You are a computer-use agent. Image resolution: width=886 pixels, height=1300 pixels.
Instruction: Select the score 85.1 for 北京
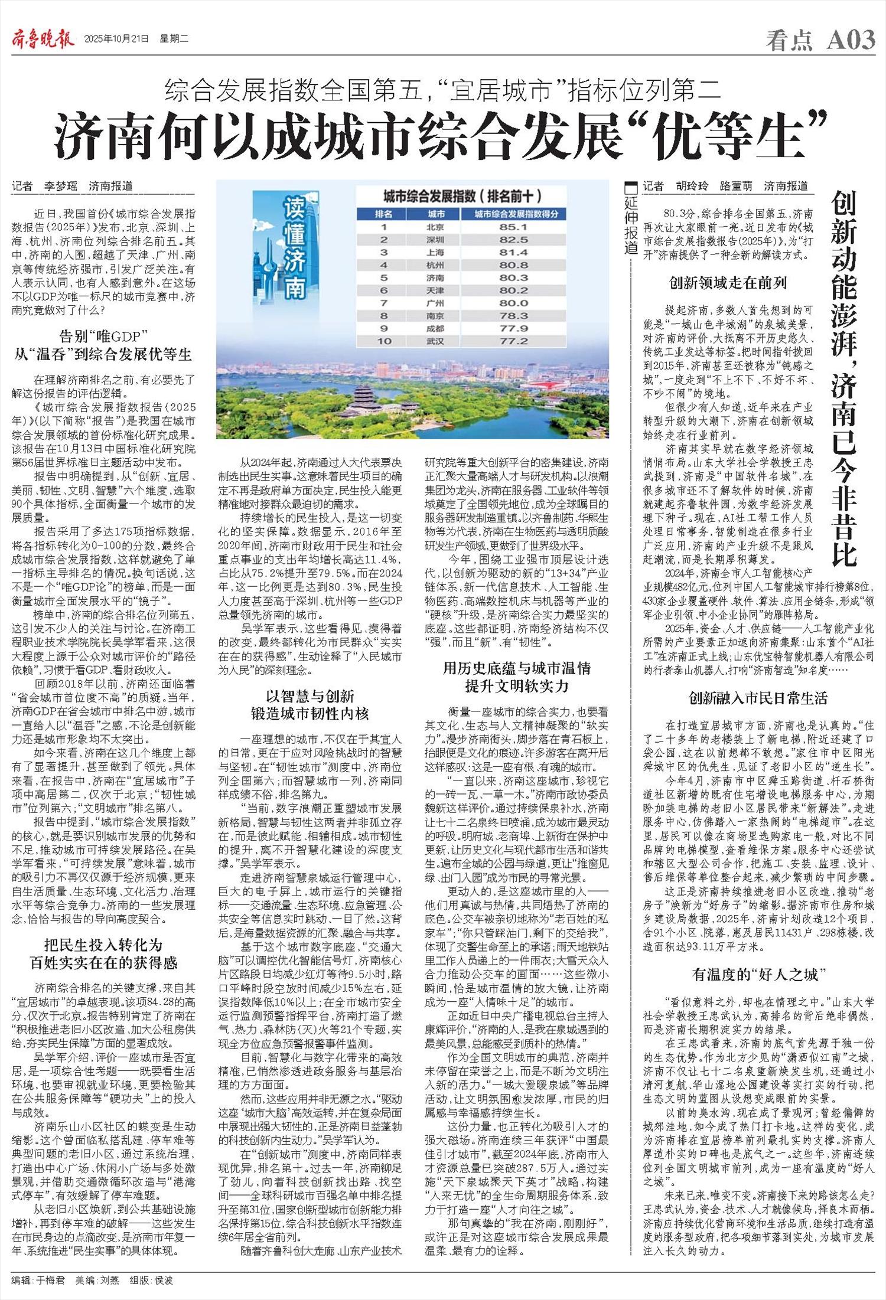point(513,227)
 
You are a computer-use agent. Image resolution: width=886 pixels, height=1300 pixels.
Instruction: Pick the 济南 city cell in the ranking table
point(435,277)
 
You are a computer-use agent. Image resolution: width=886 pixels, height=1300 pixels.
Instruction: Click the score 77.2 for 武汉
point(513,341)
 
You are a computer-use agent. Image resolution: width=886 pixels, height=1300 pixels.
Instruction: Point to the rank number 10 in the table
point(384,341)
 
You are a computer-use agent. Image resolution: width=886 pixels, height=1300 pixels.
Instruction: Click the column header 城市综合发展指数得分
point(513,214)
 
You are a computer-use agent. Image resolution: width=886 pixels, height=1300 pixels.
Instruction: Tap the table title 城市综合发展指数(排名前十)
point(462,196)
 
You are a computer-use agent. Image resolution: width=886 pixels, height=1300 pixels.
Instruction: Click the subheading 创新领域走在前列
point(728,283)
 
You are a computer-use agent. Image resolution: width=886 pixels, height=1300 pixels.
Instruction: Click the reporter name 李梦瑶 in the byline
point(61,187)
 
